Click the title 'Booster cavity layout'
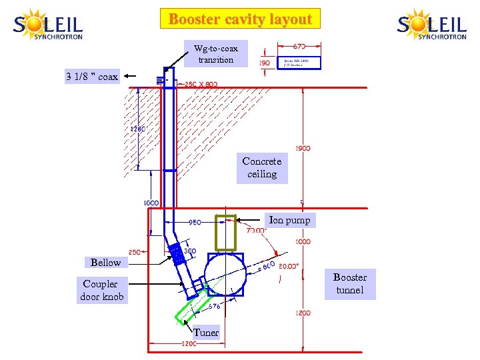(240, 19)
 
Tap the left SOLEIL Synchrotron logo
(48, 25)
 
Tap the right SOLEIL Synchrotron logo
(432, 25)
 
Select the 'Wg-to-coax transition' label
(215, 53)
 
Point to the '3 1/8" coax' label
(92, 77)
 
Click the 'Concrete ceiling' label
(262, 167)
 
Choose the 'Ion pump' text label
(289, 219)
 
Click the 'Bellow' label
(106, 262)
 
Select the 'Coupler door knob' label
(101, 290)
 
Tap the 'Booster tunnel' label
(350, 283)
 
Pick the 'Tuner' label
(206, 333)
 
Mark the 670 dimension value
(300, 47)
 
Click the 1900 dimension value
(302, 149)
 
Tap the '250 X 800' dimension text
(201, 84)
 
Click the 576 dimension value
(213, 307)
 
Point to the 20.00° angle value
(289, 265)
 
